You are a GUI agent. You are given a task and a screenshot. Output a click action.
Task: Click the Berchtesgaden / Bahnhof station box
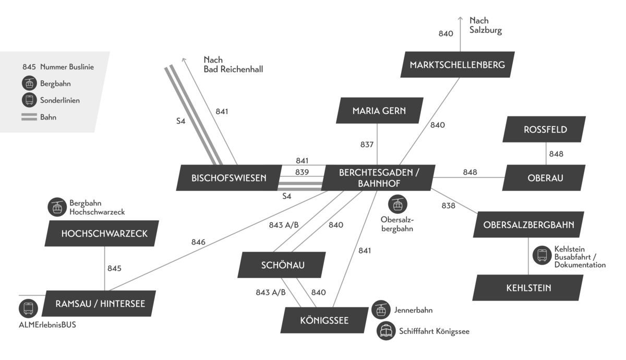click(x=378, y=178)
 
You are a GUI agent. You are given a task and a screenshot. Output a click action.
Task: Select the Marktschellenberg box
click(x=457, y=65)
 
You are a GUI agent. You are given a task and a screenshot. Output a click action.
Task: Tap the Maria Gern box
click(x=379, y=111)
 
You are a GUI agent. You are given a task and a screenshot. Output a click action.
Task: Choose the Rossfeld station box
click(x=545, y=129)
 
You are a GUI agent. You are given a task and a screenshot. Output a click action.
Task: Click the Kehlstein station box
click(x=528, y=287)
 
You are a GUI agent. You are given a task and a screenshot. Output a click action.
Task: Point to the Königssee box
click(x=324, y=320)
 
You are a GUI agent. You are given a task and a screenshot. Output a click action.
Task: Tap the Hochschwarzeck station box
click(x=104, y=233)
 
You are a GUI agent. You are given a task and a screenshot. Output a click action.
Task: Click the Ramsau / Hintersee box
click(x=100, y=303)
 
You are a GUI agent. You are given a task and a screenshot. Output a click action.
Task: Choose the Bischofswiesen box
click(x=228, y=178)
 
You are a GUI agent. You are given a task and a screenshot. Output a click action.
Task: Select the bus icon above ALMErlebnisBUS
click(x=28, y=308)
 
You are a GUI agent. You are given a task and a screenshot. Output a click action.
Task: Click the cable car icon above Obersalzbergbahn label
click(x=398, y=204)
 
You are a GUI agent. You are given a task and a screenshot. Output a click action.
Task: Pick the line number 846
click(x=198, y=242)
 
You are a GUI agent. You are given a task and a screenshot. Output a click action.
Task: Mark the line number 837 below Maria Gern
click(x=367, y=144)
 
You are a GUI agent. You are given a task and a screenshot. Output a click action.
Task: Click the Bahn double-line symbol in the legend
click(x=29, y=117)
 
